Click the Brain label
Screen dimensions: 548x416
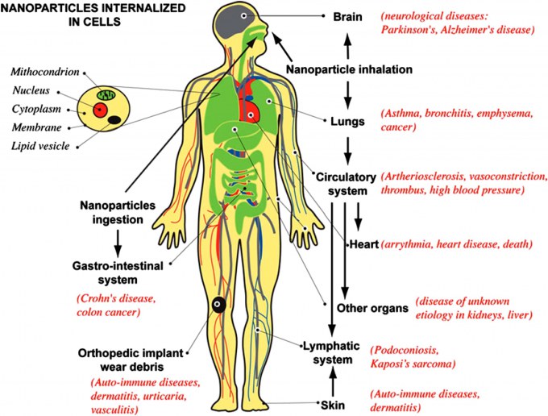(x=347, y=16)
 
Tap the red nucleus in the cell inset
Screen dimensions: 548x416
(x=100, y=110)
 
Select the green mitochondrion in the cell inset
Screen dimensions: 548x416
(x=106, y=94)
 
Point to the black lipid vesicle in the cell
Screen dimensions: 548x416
(x=114, y=120)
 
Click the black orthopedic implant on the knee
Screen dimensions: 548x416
(x=218, y=305)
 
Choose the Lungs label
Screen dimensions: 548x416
(x=347, y=121)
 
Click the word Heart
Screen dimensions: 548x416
(x=364, y=244)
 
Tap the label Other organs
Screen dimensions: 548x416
(x=372, y=308)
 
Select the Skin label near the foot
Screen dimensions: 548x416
(x=333, y=406)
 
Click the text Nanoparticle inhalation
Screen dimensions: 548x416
(x=349, y=69)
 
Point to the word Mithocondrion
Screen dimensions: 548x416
(x=45, y=72)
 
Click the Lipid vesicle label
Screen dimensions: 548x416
(x=40, y=146)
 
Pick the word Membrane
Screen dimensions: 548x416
(x=37, y=127)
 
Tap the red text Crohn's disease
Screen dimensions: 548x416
(x=116, y=299)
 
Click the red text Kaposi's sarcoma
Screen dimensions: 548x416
(x=413, y=364)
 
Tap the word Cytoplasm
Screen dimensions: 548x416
(x=36, y=109)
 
